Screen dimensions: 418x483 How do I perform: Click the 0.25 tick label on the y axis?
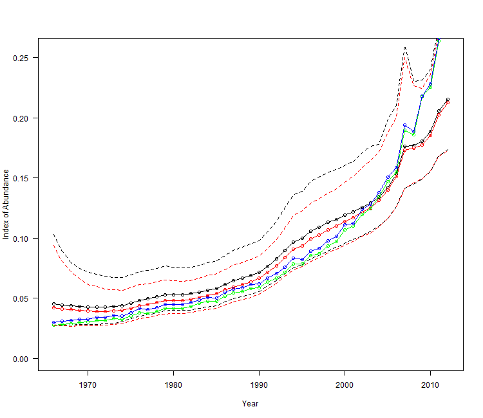21,58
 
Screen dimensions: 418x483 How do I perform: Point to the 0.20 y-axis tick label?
21,118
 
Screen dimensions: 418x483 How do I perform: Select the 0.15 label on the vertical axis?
21,178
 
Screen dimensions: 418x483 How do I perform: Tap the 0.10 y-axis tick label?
21,239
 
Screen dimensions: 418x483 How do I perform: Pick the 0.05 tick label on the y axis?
21,298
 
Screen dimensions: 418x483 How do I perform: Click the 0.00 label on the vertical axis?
21,359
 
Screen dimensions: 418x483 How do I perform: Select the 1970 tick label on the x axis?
88,385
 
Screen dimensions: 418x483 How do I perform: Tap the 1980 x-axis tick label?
174,385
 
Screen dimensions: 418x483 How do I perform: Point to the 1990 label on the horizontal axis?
260,385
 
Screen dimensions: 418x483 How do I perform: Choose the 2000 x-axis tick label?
345,385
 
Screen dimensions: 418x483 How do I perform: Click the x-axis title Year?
251,404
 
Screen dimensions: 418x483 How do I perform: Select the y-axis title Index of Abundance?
6,204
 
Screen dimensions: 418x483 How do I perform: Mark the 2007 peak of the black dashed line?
404,47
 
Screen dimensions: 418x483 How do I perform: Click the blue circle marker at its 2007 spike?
404,125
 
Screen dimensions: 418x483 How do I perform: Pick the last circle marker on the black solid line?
448,100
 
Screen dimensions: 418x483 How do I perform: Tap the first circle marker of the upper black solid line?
54,304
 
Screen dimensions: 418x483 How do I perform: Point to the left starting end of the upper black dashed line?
53,234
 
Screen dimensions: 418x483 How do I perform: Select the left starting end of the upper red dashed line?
53,245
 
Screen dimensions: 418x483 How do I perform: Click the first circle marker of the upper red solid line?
54,308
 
